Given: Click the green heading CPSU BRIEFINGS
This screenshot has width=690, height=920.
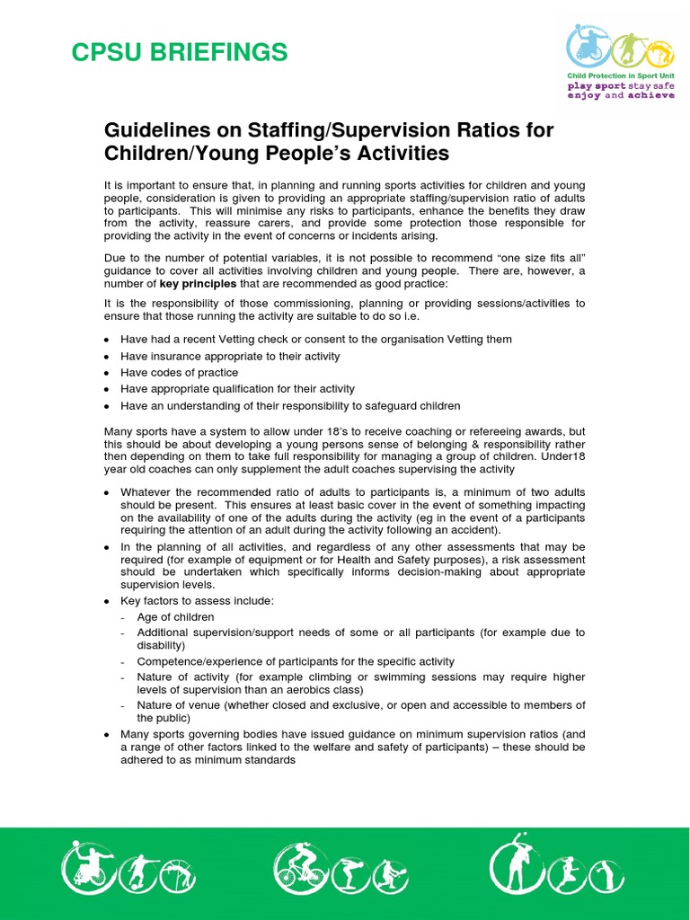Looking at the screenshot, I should [180, 53].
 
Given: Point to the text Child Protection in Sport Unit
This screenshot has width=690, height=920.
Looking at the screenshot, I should [620, 76].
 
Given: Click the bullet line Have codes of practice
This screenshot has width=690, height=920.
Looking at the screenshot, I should [180, 373].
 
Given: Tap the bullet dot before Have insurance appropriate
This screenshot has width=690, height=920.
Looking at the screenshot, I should [108, 357].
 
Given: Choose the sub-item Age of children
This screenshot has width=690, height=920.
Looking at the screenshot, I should [175, 617].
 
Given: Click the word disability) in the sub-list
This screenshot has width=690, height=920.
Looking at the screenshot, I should [161, 645].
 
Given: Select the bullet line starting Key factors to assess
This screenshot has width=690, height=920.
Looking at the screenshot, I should [197, 600].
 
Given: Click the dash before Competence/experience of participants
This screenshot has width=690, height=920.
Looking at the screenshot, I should [122, 661].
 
